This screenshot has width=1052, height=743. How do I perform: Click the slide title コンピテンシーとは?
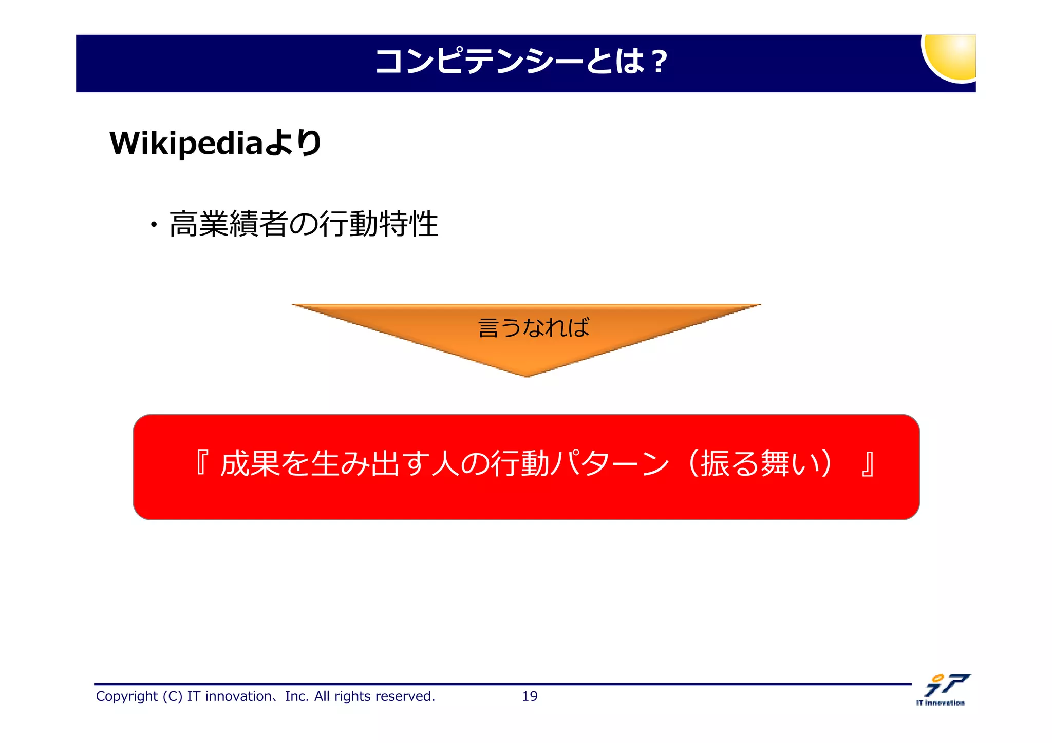521,62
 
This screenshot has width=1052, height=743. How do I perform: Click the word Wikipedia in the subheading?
186,143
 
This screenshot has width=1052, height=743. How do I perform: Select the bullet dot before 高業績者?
154,225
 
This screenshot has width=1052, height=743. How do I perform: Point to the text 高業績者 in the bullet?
228,224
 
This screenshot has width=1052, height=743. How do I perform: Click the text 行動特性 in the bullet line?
379,224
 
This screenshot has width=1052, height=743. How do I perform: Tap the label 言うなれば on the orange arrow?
534,327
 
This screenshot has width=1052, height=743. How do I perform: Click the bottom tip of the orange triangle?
527,375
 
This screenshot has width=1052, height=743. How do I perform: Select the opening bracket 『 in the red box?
202,463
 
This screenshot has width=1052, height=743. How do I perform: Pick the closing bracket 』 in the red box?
868,463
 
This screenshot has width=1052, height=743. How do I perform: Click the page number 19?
530,696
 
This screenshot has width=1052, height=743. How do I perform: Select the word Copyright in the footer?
126,696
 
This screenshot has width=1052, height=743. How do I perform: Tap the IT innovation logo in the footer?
943,689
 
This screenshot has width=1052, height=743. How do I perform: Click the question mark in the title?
658,62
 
